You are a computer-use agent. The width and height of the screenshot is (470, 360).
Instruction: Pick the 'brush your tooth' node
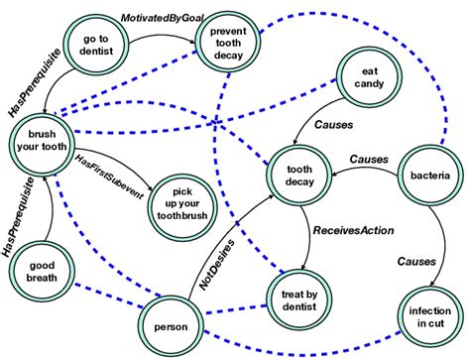tap(41, 141)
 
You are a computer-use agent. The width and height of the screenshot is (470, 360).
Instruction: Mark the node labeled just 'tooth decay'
tap(299, 169)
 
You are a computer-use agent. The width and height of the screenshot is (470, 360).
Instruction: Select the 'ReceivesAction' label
tap(354, 230)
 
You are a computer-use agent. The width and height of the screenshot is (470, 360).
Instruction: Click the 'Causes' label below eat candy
tap(333, 126)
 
